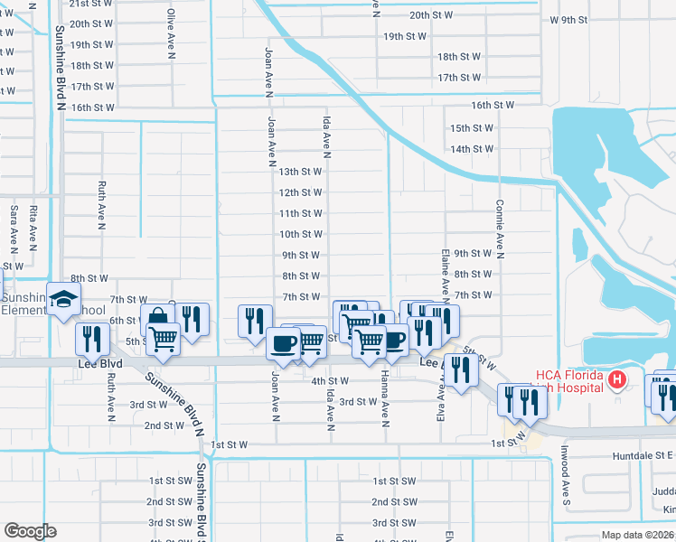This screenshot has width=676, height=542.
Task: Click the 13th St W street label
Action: tap(300, 171)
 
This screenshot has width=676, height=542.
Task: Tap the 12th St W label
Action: tap(300, 192)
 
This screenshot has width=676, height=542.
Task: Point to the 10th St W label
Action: tap(300, 234)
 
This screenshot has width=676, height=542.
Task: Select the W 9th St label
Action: tap(568, 20)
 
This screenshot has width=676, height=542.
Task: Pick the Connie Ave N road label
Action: tap(498, 229)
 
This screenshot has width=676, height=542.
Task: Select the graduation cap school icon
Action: tap(65, 301)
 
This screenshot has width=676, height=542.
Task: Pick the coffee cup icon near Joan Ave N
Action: tap(283, 343)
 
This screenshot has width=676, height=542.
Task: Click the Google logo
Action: tap(30, 531)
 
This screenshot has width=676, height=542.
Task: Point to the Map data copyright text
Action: tap(638, 535)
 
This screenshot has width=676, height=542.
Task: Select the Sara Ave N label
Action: tap(14, 227)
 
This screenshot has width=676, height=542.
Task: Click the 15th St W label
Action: tap(471, 128)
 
